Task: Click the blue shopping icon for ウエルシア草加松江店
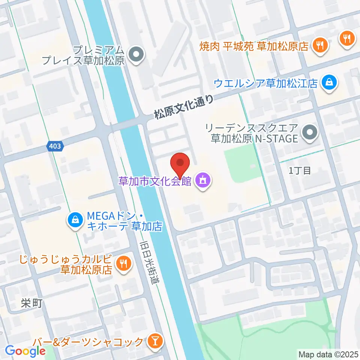click(x=329, y=82)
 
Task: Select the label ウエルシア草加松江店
click(x=265, y=82)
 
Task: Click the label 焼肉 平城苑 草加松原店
click(x=254, y=46)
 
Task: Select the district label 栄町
click(x=31, y=303)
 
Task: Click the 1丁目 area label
click(x=300, y=171)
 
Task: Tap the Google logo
click(x=25, y=351)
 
